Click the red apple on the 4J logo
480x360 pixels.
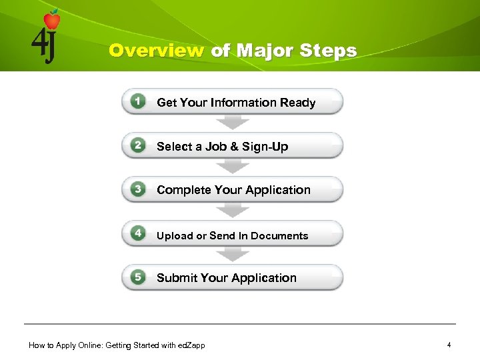[51, 20]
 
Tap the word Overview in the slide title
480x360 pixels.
[157, 51]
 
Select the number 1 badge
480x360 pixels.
[138, 101]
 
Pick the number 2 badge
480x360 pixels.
[138, 145]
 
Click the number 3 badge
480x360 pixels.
[138, 189]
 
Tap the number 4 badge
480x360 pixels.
[138, 233]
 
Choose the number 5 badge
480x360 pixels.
[138, 277]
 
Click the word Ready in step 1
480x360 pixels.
[297, 103]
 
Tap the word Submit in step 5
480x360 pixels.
[175, 278]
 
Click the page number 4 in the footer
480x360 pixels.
[449, 345]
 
